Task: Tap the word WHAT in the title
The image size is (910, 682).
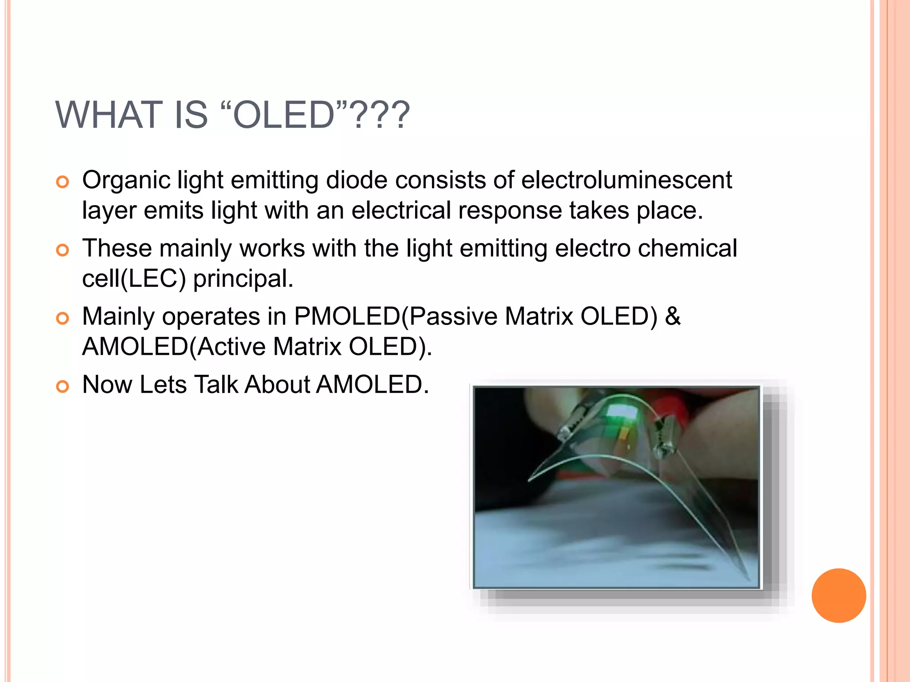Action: coord(109,115)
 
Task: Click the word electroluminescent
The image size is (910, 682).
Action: coord(626,180)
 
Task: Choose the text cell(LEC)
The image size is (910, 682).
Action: coord(134,279)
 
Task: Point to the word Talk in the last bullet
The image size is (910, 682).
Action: coord(216,385)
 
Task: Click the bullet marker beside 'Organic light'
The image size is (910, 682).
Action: coord(63,182)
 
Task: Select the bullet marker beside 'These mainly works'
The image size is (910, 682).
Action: coord(63,250)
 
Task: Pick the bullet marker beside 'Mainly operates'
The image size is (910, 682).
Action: coord(63,318)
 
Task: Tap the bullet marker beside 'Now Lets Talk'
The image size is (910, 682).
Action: coord(63,387)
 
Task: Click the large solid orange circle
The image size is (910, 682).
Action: coord(838,595)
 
